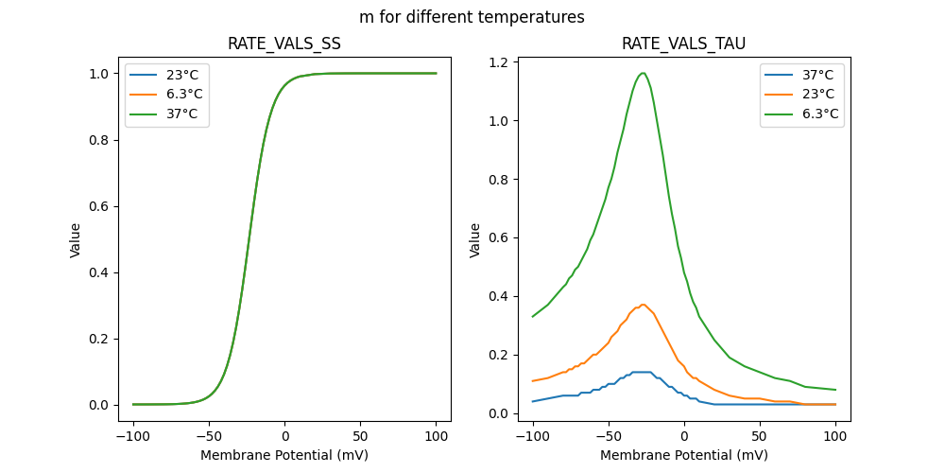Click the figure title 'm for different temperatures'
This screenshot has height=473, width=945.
[472, 17]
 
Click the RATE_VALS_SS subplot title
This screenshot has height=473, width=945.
[284, 44]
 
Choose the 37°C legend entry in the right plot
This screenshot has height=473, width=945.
[818, 75]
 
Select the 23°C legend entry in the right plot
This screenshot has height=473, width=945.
[818, 94]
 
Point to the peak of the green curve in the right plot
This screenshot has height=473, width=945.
[643, 73]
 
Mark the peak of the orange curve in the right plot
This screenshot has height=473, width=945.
[643, 305]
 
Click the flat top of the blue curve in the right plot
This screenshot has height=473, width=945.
[643, 372]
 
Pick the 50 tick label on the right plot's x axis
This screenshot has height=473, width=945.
[760, 435]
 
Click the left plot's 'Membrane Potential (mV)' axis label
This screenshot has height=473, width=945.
[284, 455]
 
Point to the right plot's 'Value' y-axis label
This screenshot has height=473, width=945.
[475, 239]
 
